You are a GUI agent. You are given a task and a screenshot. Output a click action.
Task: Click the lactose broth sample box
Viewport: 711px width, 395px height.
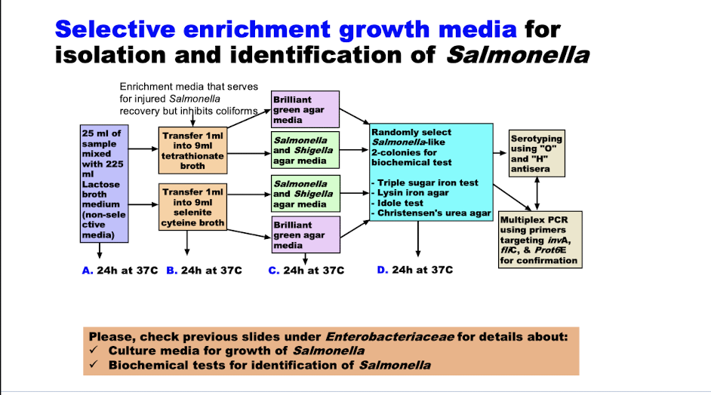[105, 185]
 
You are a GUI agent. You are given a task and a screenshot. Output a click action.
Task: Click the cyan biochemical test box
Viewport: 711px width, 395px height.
[429, 173]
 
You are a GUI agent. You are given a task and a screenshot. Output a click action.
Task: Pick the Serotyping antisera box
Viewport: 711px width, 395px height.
[537, 154]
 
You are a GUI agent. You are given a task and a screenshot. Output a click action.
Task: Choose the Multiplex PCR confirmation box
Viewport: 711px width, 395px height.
[539, 239]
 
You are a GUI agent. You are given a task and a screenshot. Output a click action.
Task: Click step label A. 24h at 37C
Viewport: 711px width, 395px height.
[120, 270]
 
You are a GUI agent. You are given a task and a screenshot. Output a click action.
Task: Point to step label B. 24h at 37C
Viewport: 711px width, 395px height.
[204, 270]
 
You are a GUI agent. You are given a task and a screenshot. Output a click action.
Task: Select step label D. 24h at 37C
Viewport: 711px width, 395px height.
[415, 269]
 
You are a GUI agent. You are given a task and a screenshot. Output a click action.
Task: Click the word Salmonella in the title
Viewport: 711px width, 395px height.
[518, 56]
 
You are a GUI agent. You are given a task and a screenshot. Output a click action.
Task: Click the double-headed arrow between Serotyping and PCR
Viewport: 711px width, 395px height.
[537, 194]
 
